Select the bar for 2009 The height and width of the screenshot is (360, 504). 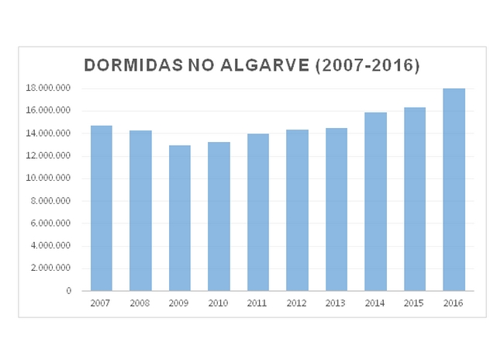179,218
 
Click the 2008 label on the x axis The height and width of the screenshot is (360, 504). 140,303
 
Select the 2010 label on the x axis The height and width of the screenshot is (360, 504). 219,303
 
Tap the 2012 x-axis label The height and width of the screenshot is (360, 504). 297,303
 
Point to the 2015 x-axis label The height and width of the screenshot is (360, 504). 415,303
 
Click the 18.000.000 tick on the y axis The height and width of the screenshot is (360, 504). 48,88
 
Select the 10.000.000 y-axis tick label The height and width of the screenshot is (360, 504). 48,178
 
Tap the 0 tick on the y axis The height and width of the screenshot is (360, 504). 69,291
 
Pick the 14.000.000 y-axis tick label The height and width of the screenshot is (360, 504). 48,133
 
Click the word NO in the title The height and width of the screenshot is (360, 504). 200,65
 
